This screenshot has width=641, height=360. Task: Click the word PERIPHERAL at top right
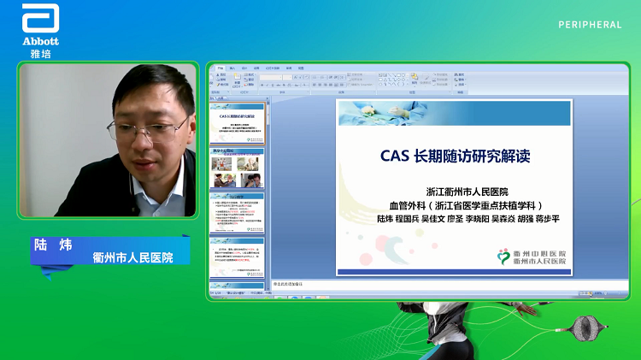point(590,25)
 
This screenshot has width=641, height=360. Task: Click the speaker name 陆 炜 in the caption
point(52,244)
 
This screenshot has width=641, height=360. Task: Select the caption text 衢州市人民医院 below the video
point(132,257)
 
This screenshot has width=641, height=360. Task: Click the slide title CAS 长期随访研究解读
point(456,156)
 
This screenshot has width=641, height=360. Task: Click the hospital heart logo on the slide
point(506,257)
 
